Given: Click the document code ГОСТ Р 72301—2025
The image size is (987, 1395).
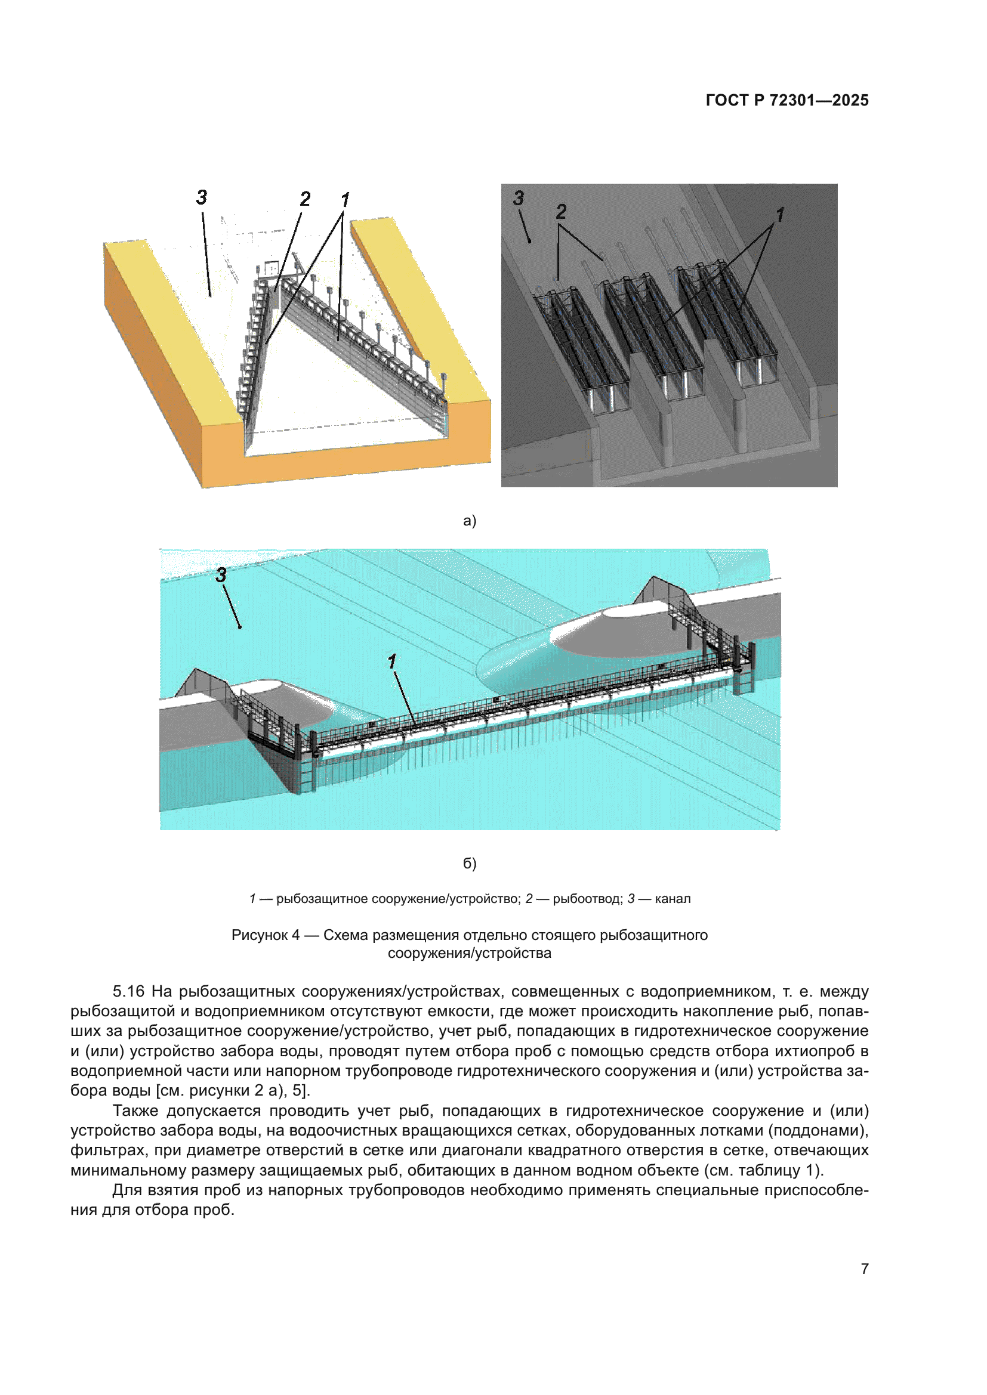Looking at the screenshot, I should tap(786, 100).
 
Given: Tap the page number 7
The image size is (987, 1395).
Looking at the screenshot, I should tap(864, 1269).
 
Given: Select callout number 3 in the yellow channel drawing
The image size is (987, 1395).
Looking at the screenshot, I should tap(202, 197).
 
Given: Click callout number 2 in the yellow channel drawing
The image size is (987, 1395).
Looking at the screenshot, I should tap(305, 199).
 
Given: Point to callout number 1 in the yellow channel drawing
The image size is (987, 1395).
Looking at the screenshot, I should tap(345, 199).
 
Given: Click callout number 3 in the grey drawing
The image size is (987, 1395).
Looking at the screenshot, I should tap(519, 198).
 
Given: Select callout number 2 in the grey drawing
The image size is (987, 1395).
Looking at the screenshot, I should tap(561, 212).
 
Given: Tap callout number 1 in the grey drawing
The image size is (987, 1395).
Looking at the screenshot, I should tap(780, 215).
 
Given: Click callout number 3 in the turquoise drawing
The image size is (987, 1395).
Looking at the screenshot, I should tap(221, 575).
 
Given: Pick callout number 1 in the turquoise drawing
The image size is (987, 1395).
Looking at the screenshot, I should tap(392, 661).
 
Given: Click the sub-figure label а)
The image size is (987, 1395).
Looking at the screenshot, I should tap(469, 521).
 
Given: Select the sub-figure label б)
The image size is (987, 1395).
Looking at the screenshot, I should tap(469, 864).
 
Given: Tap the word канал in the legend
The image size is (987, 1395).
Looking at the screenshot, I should tap(673, 899).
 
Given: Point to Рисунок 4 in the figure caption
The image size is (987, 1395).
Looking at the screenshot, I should tap(265, 935).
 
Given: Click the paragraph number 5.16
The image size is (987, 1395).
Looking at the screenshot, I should tap(128, 992).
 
